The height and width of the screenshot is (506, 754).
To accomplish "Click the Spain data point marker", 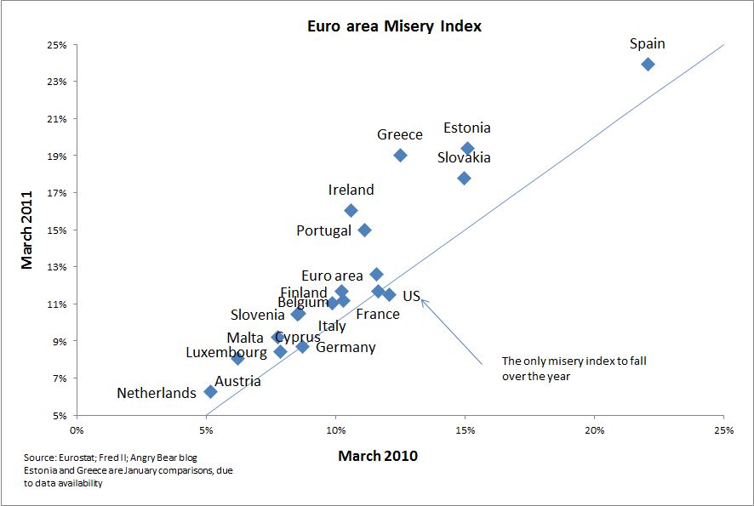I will [648, 64].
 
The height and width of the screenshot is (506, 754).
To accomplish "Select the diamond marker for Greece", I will [401, 155].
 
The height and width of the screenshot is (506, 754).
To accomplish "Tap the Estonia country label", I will [466, 128].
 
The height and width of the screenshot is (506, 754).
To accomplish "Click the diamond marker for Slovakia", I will [464, 178].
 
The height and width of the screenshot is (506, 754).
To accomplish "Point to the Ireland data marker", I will [351, 210].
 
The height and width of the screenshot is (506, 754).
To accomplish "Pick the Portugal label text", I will [323, 230].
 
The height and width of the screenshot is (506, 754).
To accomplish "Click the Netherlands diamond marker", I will [211, 392].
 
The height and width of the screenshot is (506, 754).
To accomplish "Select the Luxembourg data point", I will [237, 358].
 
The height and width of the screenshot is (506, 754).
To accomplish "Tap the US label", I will [411, 296].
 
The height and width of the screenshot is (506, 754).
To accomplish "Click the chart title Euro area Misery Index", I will [394, 26].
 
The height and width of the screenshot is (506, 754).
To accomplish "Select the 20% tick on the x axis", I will [594, 430].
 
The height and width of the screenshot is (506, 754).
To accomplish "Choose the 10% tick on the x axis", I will [335, 430].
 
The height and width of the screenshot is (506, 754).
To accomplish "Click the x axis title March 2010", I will [378, 456].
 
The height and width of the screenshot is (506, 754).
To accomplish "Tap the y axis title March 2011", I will [28, 230].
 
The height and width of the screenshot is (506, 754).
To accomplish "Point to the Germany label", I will [346, 347].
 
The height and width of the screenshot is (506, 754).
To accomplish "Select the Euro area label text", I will [332, 276].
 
